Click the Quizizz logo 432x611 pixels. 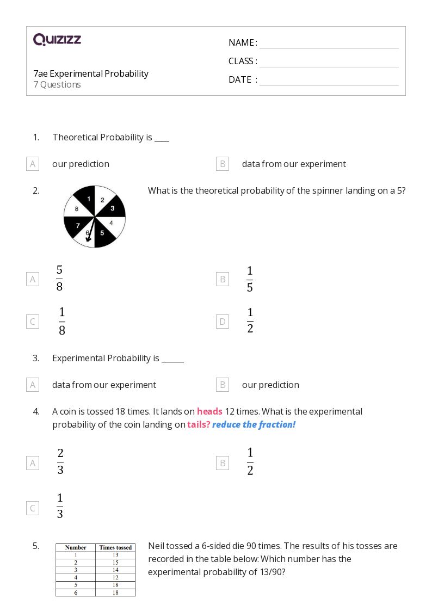pos(57,40)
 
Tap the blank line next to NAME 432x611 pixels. pos(329,44)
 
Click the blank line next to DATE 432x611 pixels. pos(329,81)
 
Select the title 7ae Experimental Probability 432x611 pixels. pos(90,73)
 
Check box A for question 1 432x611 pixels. pos(33,164)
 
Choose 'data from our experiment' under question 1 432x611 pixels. pos(294,164)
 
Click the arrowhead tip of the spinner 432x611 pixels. pos(88,240)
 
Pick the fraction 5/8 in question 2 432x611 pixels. pos(59,279)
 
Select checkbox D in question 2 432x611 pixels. pos(222,322)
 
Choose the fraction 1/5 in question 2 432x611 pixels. pos(250,279)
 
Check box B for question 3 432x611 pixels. pos(222,385)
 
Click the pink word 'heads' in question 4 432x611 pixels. pos(209,411)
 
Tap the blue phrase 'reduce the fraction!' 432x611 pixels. pos(254,424)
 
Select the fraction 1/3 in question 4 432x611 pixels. pos(60,506)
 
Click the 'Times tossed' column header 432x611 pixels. pos(115,547)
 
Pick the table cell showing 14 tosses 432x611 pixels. pos(115,570)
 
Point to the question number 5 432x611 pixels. pos(36,546)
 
